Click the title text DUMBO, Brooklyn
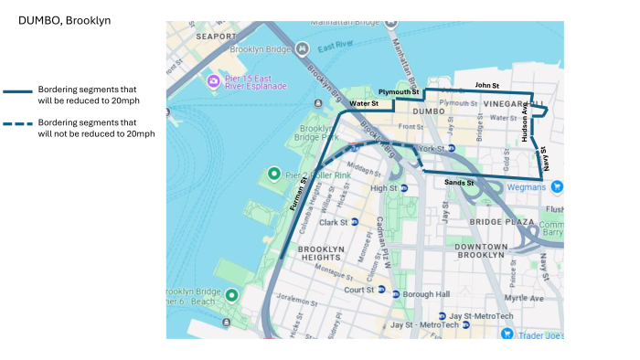click(64, 19)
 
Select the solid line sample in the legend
click(18, 93)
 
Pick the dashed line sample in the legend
click(18, 128)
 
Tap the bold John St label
click(486, 85)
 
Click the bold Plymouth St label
click(399, 92)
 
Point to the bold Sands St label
click(459, 183)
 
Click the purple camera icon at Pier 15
click(213, 80)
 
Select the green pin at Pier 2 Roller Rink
click(272, 174)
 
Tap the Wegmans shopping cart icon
click(556, 186)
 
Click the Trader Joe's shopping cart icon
click(507, 334)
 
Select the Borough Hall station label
click(428, 294)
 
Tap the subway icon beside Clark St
click(355, 222)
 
